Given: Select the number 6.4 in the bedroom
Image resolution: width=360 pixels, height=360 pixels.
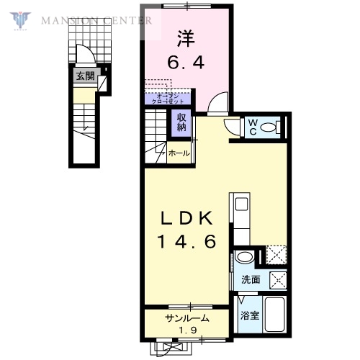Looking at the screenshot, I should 186,63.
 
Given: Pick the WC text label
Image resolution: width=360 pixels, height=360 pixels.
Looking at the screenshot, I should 253,127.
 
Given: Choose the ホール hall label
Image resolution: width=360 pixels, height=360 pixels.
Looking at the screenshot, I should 179,153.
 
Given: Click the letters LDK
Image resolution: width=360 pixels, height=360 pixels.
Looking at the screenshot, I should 186,217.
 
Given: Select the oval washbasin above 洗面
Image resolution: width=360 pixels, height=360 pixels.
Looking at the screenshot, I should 245,258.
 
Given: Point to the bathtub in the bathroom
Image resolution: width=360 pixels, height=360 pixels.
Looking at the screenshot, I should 275,315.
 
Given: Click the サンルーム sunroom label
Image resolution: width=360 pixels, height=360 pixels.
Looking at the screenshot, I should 187,318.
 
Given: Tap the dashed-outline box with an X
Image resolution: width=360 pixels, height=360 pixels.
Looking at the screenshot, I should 276,254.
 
